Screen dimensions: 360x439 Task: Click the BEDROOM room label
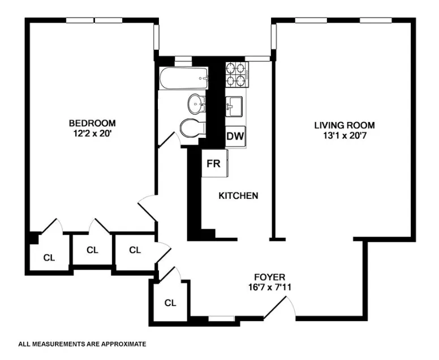[x=92, y=123]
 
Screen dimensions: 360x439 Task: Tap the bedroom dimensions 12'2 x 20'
[x=92, y=133]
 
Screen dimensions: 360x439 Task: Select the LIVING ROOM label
[x=345, y=125]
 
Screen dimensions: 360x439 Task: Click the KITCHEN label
[x=239, y=196]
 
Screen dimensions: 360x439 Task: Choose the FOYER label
[x=269, y=277]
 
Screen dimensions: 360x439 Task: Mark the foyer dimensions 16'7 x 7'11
[x=269, y=287]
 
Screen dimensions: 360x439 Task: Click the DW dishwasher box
[x=235, y=136]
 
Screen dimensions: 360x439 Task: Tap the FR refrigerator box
[x=213, y=163]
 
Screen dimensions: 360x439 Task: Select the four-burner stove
[x=237, y=75]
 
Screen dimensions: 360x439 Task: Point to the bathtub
[x=183, y=79]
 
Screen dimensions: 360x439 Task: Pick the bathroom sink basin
[x=197, y=103]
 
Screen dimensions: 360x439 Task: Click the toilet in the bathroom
[x=192, y=128]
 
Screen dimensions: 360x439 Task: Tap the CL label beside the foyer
[x=170, y=302]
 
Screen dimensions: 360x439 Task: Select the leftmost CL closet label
[x=49, y=257]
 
